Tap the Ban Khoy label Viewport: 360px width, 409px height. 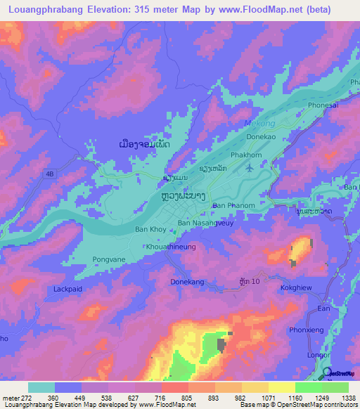[150, 230]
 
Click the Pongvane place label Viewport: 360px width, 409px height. [109, 259]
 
